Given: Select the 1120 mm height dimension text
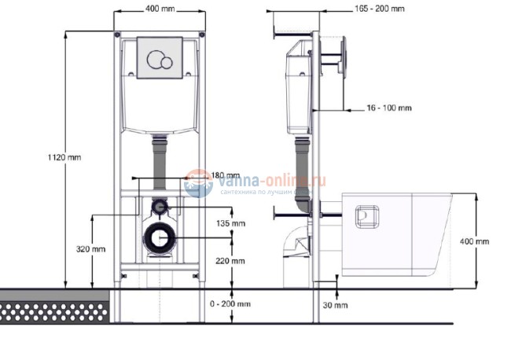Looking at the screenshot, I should (64, 156).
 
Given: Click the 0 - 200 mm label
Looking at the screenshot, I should (233, 303).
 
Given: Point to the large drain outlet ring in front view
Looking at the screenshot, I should (160, 237).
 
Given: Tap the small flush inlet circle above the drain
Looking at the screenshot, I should (160, 208).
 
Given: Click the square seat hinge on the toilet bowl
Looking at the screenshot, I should (366, 217).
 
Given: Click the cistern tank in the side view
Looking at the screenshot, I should (296, 86).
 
